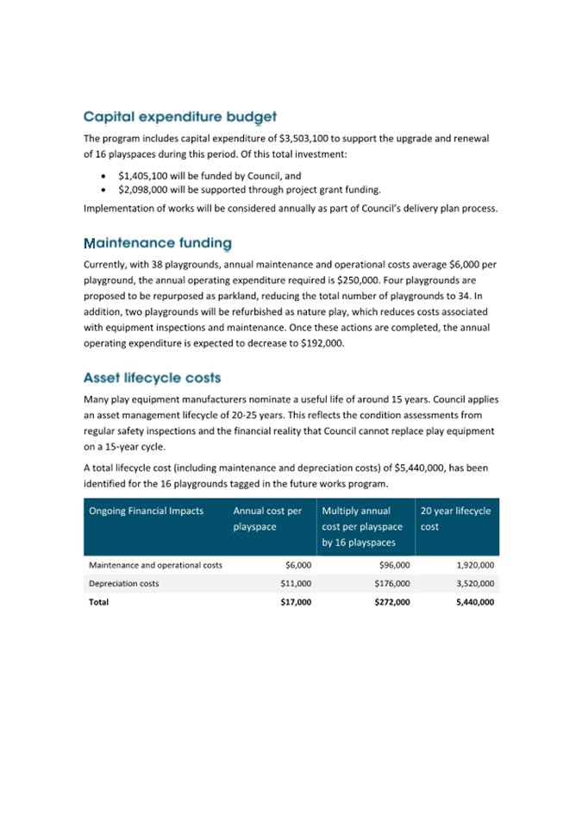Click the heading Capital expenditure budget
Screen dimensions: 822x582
[179, 116]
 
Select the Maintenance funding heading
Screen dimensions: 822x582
[157, 244]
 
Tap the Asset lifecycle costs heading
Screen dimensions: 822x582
[152, 378]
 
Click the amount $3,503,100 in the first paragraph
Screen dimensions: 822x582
[307, 138]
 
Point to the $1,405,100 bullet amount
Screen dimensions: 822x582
[146, 175]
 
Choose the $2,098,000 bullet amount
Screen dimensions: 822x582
[146, 190]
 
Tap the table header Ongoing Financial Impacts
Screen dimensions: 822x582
[147, 511]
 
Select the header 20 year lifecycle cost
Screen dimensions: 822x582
[455, 518]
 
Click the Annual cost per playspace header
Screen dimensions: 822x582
[267, 518]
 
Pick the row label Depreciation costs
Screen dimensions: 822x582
[124, 584]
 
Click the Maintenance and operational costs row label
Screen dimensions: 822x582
[156, 565]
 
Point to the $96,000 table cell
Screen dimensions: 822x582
[394, 565]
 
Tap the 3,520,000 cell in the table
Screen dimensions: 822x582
[474, 584]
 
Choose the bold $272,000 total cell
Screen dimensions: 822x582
[391, 602]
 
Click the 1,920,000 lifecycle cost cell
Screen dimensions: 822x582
[474, 565]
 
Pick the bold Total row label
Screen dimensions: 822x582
[99, 602]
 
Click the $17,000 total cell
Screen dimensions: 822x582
[296, 602]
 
